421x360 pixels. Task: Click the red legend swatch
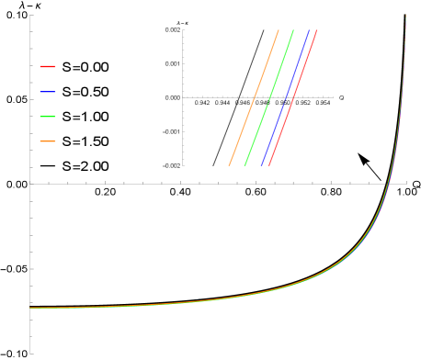pyautogui.click(x=48, y=66)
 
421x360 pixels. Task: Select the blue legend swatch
pyautogui.click(x=48, y=92)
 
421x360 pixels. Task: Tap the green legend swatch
pyautogui.click(x=48, y=117)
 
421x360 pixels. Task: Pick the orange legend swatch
pyautogui.click(x=48, y=141)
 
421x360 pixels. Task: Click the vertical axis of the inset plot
pyautogui.click(x=183, y=129)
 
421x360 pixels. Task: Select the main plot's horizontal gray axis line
pyautogui.click(x=184, y=184)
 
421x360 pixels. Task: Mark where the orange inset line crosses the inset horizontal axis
pyautogui.click(x=255, y=96)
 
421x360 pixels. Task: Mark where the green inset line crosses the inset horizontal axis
pyautogui.click(x=269, y=96)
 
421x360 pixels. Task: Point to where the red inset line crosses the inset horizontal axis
pyautogui.click(x=293, y=96)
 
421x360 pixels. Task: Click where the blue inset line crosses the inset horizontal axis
pyautogui.click(x=285, y=96)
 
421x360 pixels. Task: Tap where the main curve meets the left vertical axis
pyautogui.click(x=30, y=308)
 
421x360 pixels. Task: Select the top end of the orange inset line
pyautogui.click(x=279, y=30)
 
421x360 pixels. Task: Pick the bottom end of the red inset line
pyautogui.click(x=268, y=165)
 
